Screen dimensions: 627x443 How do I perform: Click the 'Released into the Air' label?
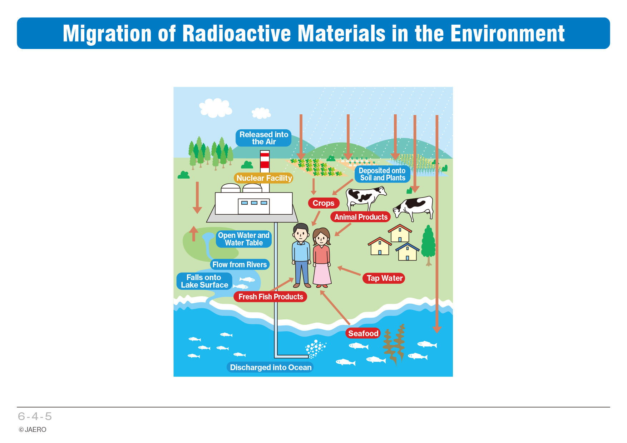[x=263, y=138]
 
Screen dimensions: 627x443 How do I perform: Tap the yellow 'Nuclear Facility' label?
[x=264, y=178]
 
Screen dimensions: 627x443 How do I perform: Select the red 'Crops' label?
[x=324, y=203]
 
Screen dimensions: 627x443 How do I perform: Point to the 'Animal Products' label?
[x=361, y=217]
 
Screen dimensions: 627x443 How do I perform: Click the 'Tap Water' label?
[x=384, y=278]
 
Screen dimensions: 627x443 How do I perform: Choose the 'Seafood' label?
[x=363, y=333]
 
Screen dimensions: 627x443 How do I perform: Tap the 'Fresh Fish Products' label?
[x=270, y=297]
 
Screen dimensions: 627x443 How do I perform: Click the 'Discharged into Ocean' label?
[x=270, y=367]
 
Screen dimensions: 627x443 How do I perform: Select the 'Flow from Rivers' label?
[x=240, y=264]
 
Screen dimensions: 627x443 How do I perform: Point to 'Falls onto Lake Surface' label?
[x=204, y=281]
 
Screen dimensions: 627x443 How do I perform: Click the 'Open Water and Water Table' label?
[x=244, y=239]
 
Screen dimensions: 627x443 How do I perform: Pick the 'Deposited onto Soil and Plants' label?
[x=382, y=174]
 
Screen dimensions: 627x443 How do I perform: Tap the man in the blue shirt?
[x=301, y=255]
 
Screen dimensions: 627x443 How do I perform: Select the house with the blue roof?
[x=407, y=252]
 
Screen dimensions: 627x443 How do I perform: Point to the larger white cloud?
[x=215, y=108]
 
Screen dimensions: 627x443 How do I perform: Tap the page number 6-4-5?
[x=35, y=416]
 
